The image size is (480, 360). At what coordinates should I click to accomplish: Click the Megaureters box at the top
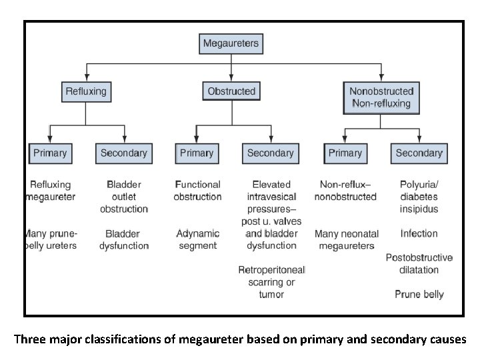tap(231, 45)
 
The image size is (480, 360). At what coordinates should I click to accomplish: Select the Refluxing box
tap(85, 91)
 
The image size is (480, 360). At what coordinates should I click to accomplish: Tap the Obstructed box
tap(231, 91)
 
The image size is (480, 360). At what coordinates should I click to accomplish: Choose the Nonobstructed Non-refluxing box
tap(381, 97)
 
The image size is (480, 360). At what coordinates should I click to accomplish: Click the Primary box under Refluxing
tap(50, 153)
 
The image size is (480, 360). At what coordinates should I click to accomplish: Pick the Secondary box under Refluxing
tap(123, 153)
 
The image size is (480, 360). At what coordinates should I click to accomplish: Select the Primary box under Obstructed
tap(197, 153)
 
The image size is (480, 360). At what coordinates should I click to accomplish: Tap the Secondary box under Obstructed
tap(270, 153)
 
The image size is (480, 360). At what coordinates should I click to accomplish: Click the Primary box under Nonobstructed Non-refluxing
tap(345, 153)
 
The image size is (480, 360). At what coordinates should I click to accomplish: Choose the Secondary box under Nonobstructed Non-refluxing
tap(419, 153)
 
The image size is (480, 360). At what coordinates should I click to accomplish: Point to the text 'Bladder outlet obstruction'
tap(123, 197)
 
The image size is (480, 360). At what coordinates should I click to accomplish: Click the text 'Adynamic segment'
tap(197, 239)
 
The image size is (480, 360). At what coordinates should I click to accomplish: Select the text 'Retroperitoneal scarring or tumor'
tap(271, 282)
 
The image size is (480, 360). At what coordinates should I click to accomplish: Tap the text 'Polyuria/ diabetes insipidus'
tap(419, 197)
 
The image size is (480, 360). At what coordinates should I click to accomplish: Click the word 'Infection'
tap(419, 234)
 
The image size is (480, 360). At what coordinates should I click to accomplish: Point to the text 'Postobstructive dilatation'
tap(419, 264)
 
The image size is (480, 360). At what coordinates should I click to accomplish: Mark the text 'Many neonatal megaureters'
tap(346, 239)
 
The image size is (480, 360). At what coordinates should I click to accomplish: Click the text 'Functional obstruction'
tap(197, 191)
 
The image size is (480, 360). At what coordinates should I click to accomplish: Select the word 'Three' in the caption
tap(30, 339)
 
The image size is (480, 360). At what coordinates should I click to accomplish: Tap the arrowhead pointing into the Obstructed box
tap(231, 78)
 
